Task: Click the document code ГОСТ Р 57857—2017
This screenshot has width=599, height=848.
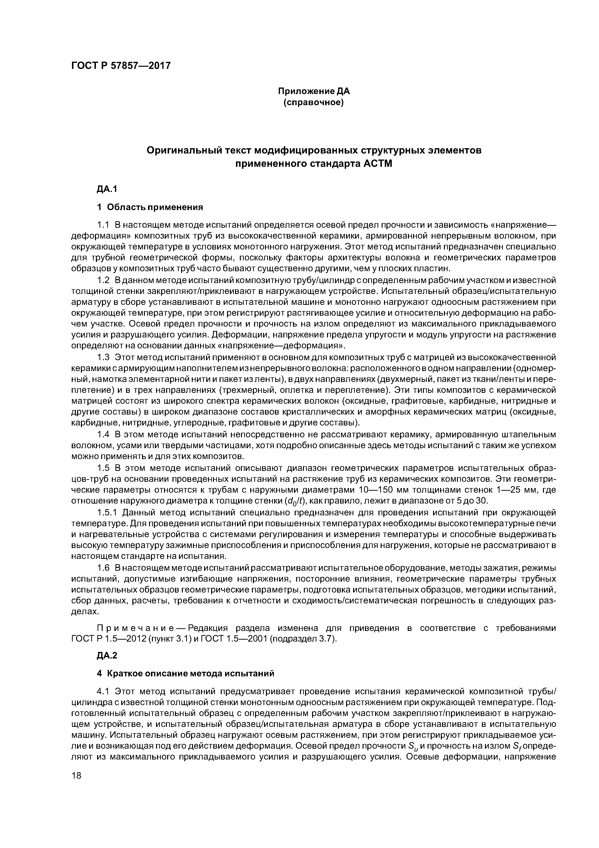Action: pyautogui.click(x=121, y=66)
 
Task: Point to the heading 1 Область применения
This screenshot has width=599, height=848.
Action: pyautogui.click(x=150, y=207)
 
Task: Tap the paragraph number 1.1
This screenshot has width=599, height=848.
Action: pyautogui.click(x=103, y=225)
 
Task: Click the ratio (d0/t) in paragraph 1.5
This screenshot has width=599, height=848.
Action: pyautogui.click(x=296, y=501)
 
